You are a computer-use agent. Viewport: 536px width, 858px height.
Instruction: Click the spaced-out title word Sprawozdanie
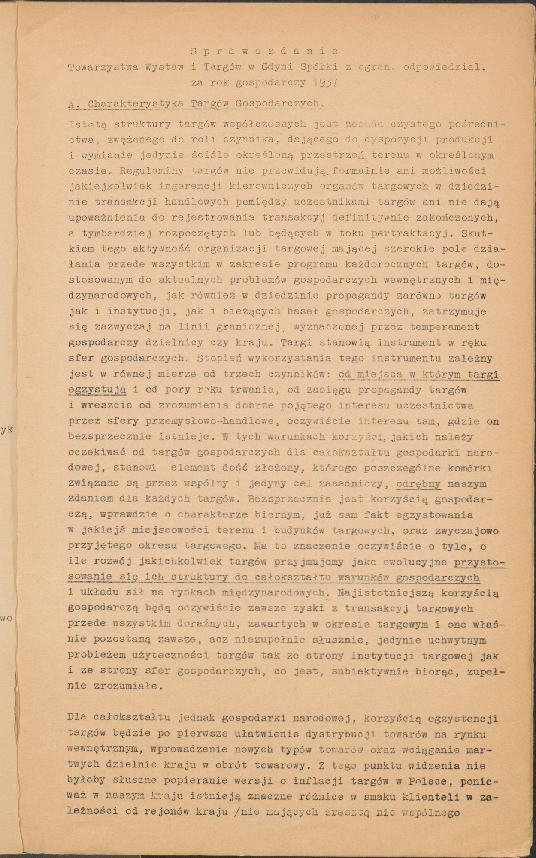264,51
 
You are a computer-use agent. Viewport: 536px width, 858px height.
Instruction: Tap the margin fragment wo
6,618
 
